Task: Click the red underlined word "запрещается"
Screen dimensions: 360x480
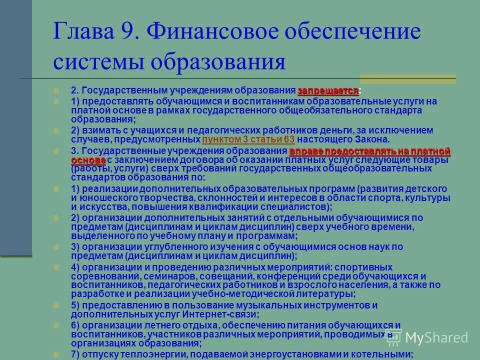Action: pyautogui.click(x=328, y=91)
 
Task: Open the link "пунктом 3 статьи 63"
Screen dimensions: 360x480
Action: pyautogui.click(x=248, y=139)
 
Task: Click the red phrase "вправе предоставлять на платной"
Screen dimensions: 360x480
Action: pyautogui.click(x=370, y=151)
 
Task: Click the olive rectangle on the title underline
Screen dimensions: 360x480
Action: pyautogui.click(x=407, y=79)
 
